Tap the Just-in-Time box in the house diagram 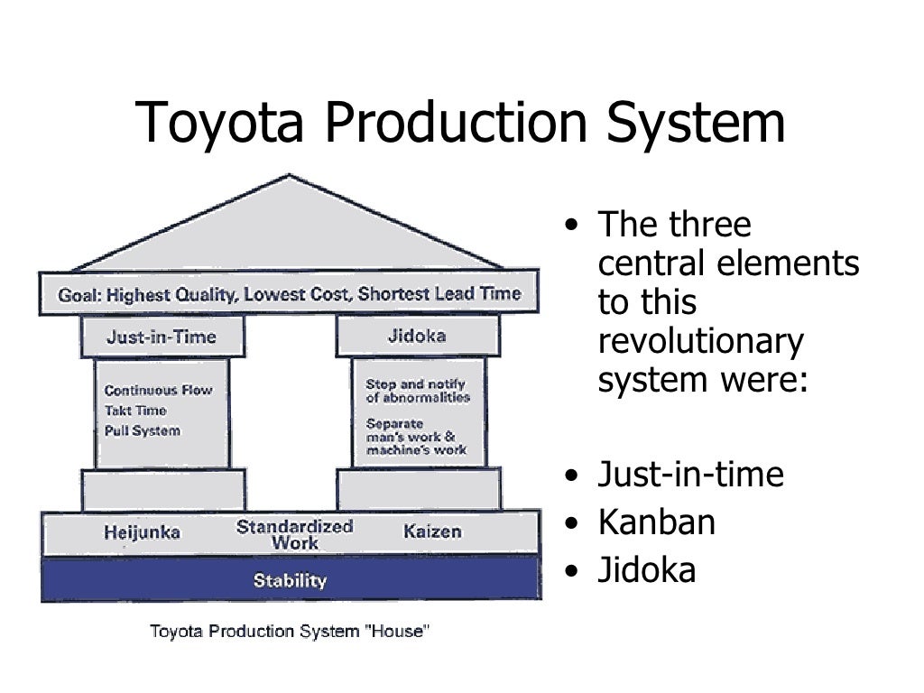pos(162,337)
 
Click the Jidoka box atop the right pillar pos(416,336)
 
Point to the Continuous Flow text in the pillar pos(158,391)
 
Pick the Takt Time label pos(135,411)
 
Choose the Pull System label pos(142,430)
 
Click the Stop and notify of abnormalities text pos(417,391)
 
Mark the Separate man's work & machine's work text pos(416,436)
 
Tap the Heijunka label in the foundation pos(142,532)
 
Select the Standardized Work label pos(294,534)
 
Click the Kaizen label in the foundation pos(431,531)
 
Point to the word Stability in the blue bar pos(290,580)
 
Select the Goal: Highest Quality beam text pos(289,294)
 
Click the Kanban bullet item pos(656,522)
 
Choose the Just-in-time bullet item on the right pos(690,474)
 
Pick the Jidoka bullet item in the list pos(647,571)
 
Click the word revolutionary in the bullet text pos(700,341)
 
